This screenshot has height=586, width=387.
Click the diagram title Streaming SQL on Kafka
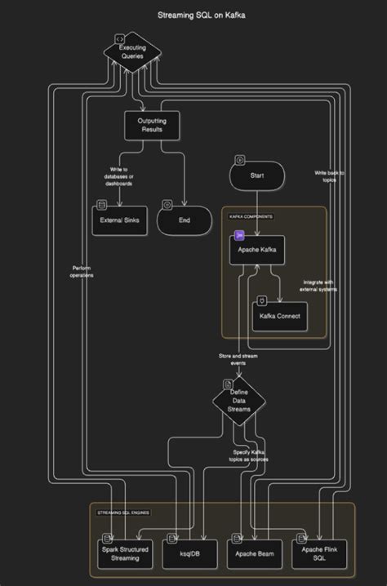(x=193, y=15)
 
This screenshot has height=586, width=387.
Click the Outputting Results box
(x=151, y=125)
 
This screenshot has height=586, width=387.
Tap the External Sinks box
(x=119, y=220)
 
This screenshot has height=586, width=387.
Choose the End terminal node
(x=185, y=220)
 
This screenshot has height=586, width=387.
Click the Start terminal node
(x=256, y=175)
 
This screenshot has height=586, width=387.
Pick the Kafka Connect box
(x=280, y=316)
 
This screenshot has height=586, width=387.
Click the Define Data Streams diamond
(x=239, y=402)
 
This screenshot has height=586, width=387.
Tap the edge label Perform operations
(x=82, y=272)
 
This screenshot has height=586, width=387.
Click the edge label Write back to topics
(x=330, y=175)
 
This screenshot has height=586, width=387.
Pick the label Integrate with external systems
(x=319, y=286)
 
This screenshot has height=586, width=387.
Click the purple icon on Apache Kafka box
(x=240, y=236)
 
